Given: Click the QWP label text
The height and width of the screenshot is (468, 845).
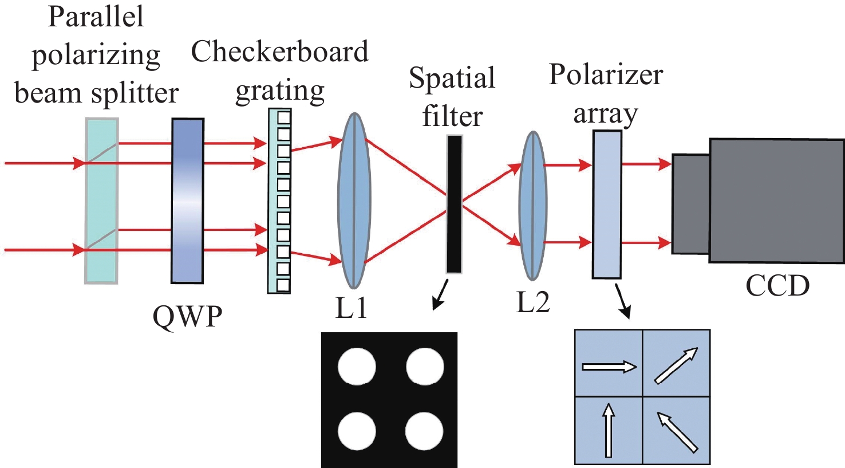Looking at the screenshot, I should coord(187,316).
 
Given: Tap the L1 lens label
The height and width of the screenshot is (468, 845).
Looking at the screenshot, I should coord(351,308).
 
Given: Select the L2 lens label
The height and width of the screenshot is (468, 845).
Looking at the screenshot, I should coord(533,302).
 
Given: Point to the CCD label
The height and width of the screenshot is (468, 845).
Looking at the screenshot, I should coord(777,285).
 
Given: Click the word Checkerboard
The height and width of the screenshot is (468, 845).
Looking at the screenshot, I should coord(280,52).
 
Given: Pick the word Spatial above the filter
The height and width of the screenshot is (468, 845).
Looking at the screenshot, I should coord(452,78).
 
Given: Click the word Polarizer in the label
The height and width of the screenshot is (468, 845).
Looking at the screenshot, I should coord(606,74).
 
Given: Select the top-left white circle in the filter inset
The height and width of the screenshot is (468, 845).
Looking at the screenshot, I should coord(357,367).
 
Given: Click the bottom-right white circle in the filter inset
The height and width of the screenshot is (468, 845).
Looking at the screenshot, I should coord(424,431).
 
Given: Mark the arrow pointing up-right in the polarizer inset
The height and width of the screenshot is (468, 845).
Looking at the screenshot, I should coord(677,365).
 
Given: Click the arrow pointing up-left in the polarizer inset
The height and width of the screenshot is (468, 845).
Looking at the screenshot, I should coord(678,432).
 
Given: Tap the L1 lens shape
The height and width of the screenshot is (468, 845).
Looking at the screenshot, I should coord(355,200).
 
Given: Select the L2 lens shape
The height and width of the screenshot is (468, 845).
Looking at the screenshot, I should coord(533,205).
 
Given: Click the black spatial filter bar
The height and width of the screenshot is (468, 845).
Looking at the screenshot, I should coord(454,204).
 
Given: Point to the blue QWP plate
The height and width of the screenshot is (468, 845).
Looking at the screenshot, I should coord(188,200).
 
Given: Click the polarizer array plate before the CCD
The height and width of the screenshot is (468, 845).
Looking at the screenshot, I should coord(607,204).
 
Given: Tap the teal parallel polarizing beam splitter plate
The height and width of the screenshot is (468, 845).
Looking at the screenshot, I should coord(101,200).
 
